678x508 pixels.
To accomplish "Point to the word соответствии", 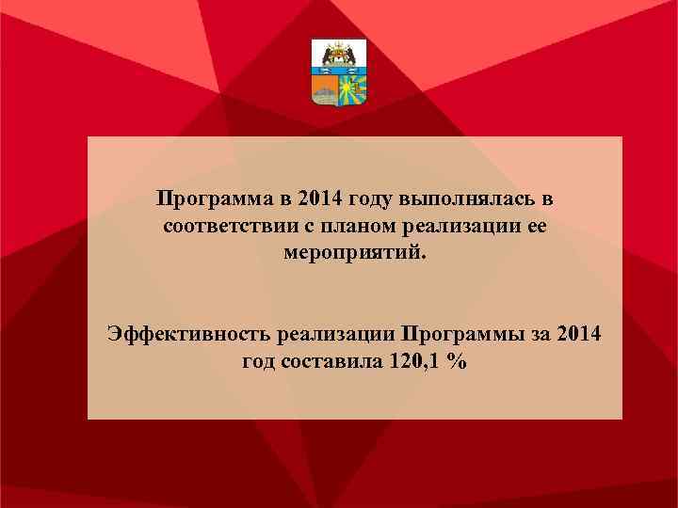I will click(x=218, y=227).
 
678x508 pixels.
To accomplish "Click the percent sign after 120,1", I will click(x=457, y=362).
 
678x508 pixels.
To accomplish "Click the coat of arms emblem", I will click(x=339, y=72).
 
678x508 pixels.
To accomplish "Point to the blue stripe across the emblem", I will click(x=339, y=71).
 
